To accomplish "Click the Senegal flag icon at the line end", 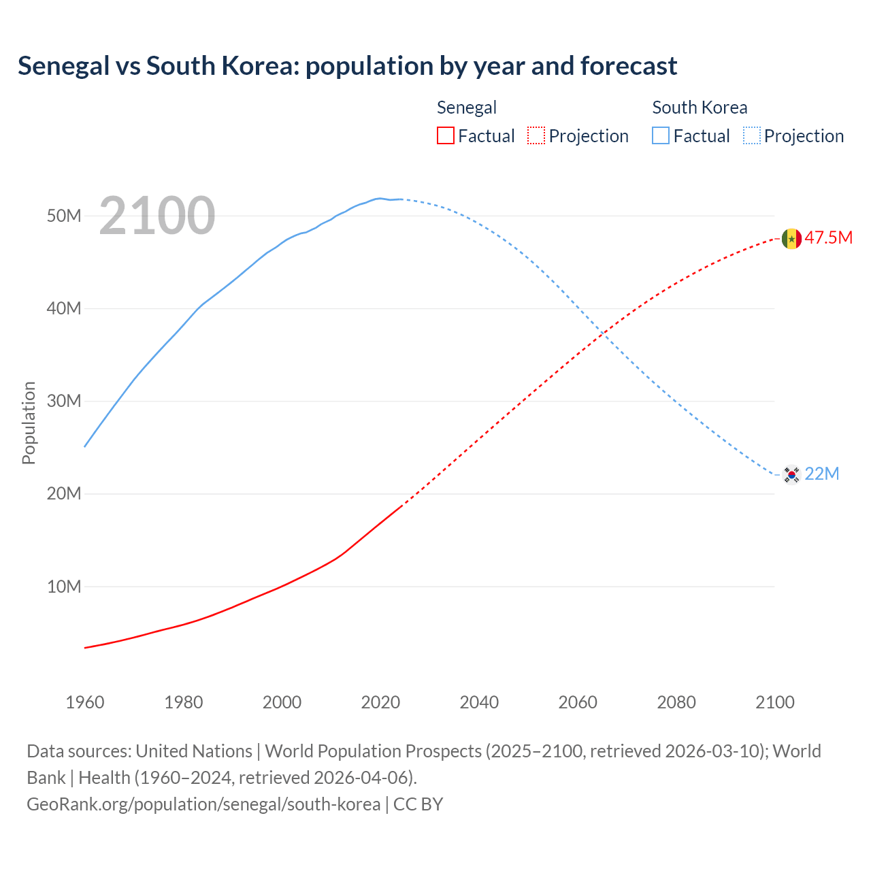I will pos(791,239).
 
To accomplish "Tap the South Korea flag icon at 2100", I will pos(791,474).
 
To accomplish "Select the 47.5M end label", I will pos(828,237).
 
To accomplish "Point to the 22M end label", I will pos(822,474).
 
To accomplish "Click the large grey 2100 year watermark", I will pos(157,216).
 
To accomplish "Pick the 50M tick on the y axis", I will pos(64,216).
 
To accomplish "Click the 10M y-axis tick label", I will pos(64,587).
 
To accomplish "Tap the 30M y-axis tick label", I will pos(64,401).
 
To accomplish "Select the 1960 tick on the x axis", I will pos(85,702).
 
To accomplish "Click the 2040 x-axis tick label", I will pos(479,702).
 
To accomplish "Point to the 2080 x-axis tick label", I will pos(676,702).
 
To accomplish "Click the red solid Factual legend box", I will pos(446,135).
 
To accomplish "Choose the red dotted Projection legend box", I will pos(536,135).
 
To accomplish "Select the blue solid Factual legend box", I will pos(661,135).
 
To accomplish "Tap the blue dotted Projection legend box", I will pos(752,135).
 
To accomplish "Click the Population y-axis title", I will pos(29,423).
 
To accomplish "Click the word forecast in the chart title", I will pos(628,66).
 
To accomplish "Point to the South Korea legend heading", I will pos(700,108).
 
